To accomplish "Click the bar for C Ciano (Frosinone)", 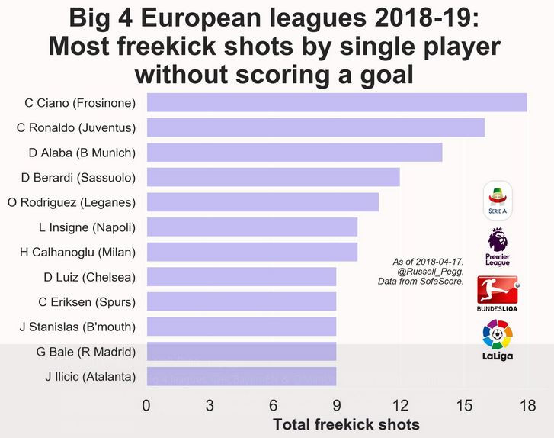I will [x=336, y=102].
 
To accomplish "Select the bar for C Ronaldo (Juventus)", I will [x=315, y=127].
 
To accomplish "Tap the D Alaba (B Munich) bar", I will [x=294, y=152].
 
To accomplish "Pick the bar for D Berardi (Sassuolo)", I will [x=273, y=177].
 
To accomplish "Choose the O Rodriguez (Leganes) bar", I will [x=262, y=202].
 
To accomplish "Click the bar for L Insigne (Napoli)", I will [x=251, y=227].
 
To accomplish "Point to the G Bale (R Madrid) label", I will [x=85, y=352].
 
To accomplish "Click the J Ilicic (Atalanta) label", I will [x=90, y=376].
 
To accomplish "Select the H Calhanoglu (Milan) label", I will [x=78, y=252].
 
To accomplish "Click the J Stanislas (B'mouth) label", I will [x=78, y=327].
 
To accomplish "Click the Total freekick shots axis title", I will [x=346, y=424].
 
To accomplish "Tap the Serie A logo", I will [x=498, y=199].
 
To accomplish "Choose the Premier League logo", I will [x=497, y=246].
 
